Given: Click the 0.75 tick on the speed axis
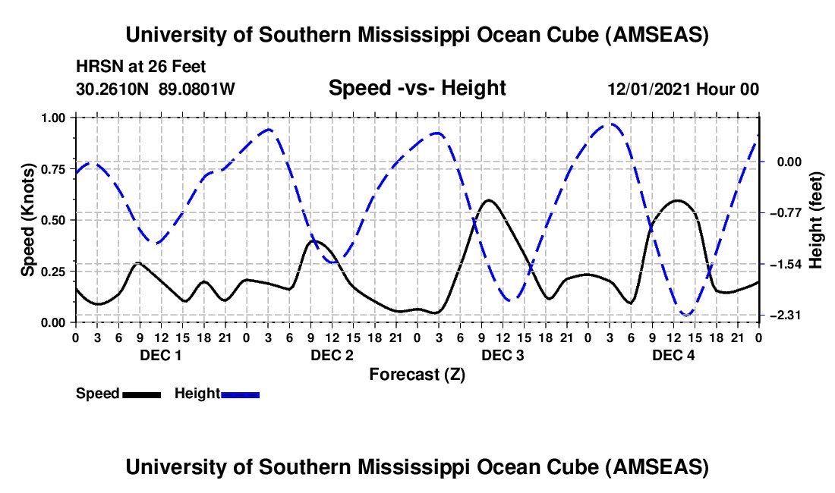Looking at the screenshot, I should pos(53,169).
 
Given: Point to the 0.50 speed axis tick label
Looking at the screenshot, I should pos(53,220).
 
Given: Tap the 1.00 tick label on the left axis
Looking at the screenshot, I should pos(53,118).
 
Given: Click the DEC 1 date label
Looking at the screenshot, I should pos(160,356).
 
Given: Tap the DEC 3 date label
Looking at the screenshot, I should pos(503,356).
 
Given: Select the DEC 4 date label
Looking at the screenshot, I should pos(673,356).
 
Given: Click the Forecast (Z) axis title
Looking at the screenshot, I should pos(417,374).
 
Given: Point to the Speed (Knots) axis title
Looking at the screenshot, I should pos(27,219).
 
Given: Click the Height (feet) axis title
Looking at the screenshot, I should pos(816,219).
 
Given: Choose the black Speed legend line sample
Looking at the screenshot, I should pos(141,394).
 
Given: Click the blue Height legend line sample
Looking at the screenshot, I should pos(240,394).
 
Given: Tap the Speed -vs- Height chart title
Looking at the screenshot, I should pos(417,89).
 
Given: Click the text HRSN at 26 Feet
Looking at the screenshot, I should pos(141,68).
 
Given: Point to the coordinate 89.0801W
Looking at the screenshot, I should pos(197,89).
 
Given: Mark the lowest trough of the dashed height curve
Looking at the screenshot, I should pos(687,315).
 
